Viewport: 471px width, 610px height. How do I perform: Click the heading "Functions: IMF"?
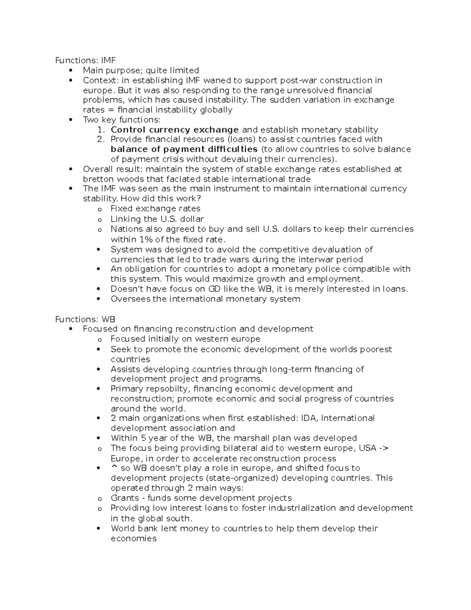tap(85, 60)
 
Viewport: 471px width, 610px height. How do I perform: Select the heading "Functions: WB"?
tap(85, 319)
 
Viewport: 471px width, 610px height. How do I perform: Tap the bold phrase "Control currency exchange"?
tap(175, 130)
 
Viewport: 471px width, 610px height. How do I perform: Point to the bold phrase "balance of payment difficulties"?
tap(184, 149)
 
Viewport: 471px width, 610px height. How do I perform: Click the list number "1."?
tap(101, 130)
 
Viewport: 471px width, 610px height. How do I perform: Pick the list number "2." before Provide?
tap(101, 139)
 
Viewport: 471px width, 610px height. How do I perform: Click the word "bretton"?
tap(97, 179)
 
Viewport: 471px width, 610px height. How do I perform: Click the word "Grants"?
tap(124, 498)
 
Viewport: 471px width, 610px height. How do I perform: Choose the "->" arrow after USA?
tap(383, 448)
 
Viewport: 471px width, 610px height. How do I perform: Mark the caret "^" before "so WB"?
tap(114, 468)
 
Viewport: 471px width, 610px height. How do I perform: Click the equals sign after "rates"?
tap(111, 110)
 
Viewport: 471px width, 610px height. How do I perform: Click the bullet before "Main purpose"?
tap(71, 71)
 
